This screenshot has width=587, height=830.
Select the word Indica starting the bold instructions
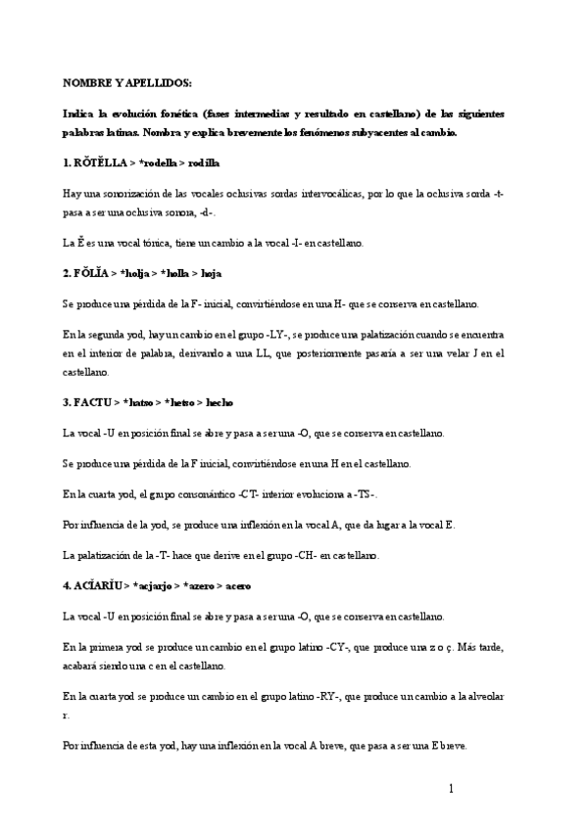[x=80, y=115]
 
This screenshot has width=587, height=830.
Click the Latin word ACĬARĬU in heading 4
[x=97, y=585]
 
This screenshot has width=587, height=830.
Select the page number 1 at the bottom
[x=450, y=788]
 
